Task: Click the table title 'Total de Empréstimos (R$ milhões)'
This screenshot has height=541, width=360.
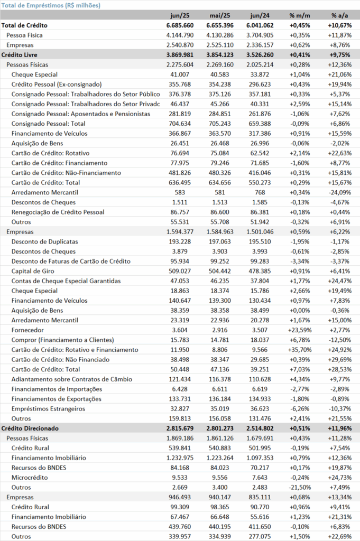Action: click(51, 5)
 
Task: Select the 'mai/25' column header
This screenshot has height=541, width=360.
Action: click(220, 15)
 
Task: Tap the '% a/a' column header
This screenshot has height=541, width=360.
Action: click(339, 15)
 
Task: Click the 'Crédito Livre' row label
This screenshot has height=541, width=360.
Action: click(20, 55)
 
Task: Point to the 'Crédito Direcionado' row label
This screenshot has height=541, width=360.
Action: click(30, 428)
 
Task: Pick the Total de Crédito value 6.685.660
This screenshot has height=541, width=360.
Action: click(180, 25)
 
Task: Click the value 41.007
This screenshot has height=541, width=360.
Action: click(180, 74)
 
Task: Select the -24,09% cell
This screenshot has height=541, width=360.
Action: click(339, 192)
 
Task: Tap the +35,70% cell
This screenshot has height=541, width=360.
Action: click(300, 350)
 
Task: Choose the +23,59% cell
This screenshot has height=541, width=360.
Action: click(300, 330)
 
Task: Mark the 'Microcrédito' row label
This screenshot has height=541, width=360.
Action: click(30, 478)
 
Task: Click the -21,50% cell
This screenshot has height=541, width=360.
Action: click(300, 488)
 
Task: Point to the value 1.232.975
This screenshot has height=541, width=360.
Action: click(180, 458)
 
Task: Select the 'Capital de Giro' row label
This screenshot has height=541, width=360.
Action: click(33, 271)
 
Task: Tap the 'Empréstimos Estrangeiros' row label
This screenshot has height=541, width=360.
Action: click(48, 409)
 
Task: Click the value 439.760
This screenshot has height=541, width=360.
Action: click(180, 527)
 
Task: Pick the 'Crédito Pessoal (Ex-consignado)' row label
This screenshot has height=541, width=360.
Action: click(57, 85)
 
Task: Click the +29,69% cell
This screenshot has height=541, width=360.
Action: click(339, 359)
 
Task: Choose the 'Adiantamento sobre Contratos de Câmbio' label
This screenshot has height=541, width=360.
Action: click(72, 379)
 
